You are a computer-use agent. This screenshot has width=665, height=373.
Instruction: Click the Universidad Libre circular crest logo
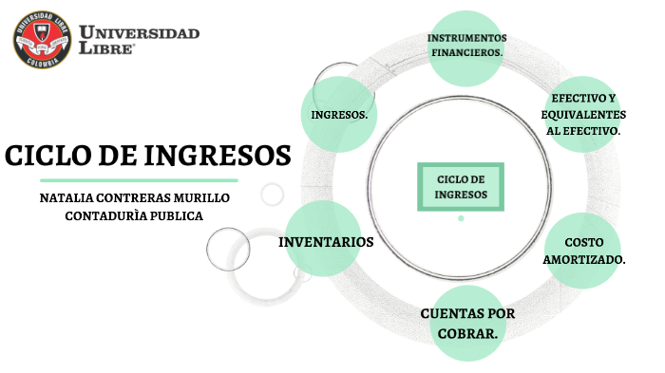[43, 40]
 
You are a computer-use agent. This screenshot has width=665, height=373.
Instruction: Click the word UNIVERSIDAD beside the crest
[140, 33]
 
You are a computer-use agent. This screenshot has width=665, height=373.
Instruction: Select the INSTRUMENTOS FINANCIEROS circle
[466, 46]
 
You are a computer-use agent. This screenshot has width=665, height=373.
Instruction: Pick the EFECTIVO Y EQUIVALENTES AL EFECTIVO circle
[583, 114]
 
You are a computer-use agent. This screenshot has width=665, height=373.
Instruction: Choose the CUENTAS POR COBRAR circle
[467, 323]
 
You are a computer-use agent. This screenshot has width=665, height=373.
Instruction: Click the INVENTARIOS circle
[326, 242]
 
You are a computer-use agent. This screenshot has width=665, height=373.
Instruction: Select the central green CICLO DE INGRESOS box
[461, 187]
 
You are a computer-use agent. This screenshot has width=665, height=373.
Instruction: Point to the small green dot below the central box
[461, 218]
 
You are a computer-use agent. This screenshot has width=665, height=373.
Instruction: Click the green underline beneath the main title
[140, 178]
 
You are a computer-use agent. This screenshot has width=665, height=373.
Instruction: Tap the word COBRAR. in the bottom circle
[467, 333]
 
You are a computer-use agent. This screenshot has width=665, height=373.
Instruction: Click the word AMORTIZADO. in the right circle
[583, 259]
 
